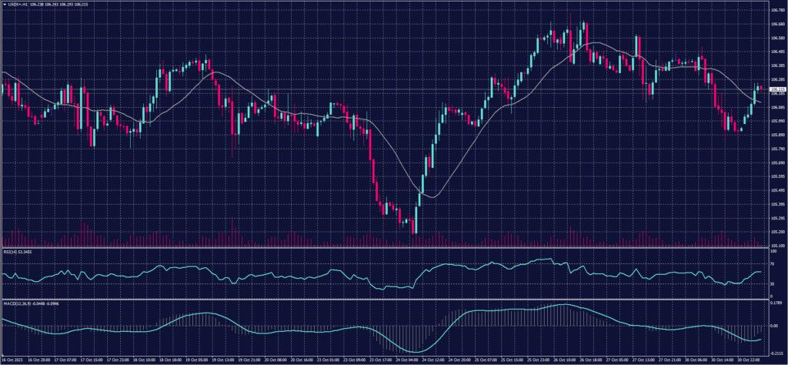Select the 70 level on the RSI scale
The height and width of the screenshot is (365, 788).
click(x=771, y=263)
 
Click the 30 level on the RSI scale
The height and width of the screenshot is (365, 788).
click(x=771, y=283)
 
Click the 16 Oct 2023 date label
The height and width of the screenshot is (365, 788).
click(x=14, y=360)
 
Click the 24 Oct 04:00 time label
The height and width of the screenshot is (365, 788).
click(x=406, y=360)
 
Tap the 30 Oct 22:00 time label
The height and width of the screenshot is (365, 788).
click(x=749, y=360)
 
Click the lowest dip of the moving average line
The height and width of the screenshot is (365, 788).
click(x=431, y=197)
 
